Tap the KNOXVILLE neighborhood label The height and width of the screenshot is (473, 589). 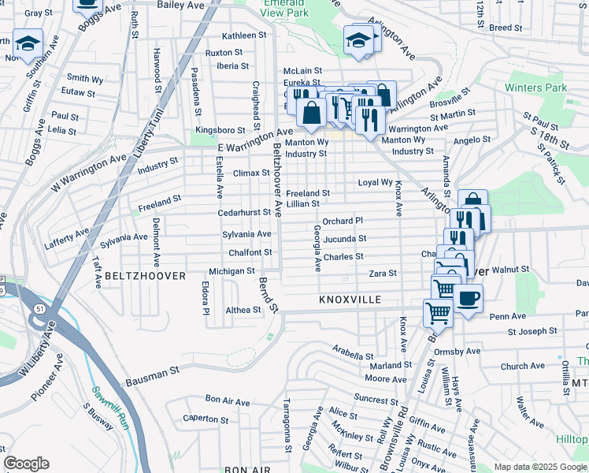[x=350, y=300]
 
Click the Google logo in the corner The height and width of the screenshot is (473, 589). [x=26, y=464]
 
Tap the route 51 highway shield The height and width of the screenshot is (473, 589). [x=39, y=309]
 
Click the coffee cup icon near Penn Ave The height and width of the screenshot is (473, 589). [x=468, y=299]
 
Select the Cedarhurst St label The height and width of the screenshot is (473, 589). [x=244, y=213]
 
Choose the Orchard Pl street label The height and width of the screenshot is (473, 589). [x=342, y=221]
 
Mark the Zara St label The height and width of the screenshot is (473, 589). [x=382, y=273]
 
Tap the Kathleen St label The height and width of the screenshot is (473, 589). [x=244, y=35]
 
